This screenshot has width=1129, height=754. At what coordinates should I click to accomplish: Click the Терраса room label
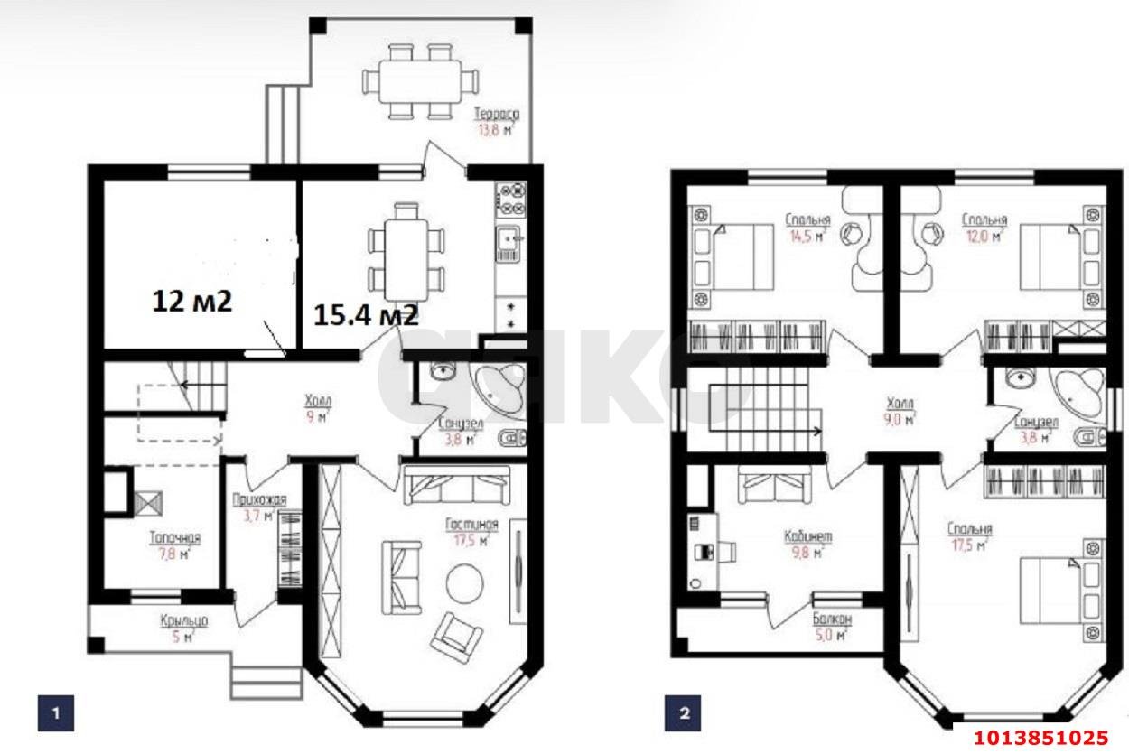coord(497,114)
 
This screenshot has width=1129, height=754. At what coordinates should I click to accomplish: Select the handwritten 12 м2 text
coord(191,301)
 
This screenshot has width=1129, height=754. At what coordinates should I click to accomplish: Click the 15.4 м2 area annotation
coord(366,314)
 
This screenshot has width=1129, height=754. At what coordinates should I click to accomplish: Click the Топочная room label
coord(174,538)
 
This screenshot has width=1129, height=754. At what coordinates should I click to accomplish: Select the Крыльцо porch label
coord(185,620)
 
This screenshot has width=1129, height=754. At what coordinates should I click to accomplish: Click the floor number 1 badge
coord(55,713)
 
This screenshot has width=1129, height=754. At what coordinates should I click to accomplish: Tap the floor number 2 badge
coord(684,713)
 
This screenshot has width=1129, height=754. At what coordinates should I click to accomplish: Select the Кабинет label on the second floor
coord(807,536)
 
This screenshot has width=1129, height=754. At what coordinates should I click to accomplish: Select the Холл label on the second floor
coord(900,404)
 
